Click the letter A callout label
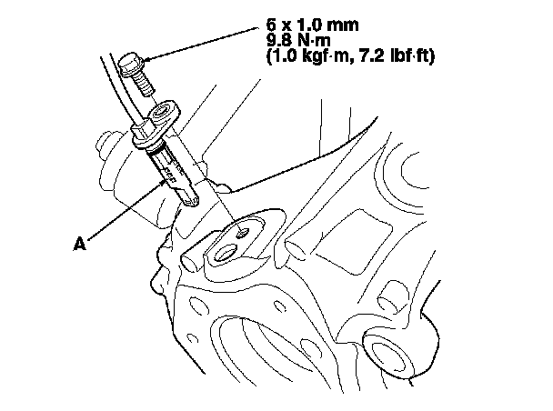tap(79, 244)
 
